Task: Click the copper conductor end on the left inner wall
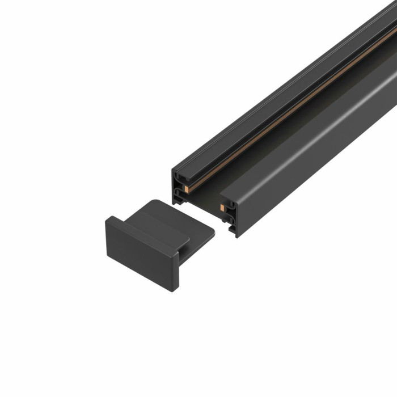[x=184, y=188]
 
